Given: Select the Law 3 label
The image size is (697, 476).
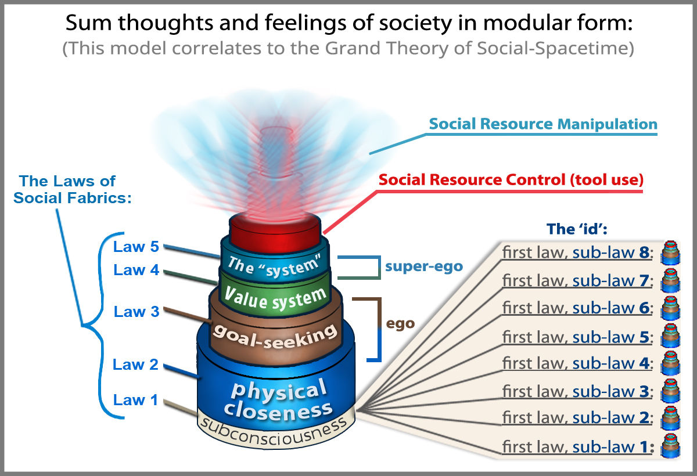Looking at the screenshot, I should [136, 312].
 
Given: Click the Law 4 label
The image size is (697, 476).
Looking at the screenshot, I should [136, 270].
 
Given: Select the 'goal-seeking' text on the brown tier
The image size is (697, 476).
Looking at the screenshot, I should [275, 336].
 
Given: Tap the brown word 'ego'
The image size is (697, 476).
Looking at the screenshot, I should [401, 323].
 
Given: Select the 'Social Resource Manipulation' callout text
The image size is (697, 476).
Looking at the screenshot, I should [543, 124].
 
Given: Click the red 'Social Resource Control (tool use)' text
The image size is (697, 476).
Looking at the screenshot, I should [511, 180].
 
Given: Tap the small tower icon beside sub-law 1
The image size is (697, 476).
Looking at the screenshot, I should [670, 447].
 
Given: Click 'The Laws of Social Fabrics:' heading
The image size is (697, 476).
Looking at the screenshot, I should [73, 189].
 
